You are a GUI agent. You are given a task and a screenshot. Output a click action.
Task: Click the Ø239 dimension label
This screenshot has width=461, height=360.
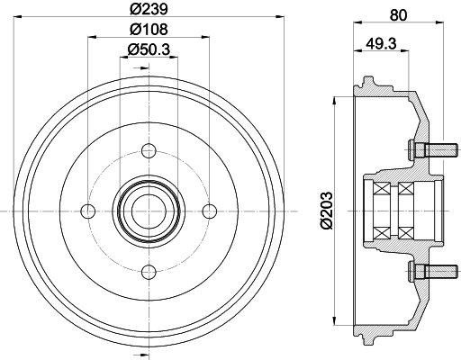click(x=149, y=9)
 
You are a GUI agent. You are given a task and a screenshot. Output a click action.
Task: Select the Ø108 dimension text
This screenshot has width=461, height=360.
click(x=149, y=29)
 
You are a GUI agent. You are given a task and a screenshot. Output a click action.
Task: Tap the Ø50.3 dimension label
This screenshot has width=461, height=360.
click(x=149, y=49)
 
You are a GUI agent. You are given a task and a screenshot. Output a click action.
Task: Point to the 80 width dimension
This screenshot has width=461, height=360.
click(x=398, y=15)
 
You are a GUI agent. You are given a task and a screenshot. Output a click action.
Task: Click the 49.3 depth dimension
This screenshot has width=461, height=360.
click(x=381, y=43)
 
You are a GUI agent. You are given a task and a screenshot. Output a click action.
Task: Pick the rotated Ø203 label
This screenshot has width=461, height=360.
click(x=326, y=211)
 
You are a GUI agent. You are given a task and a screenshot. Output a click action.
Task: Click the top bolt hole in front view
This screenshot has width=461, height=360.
click(x=149, y=151)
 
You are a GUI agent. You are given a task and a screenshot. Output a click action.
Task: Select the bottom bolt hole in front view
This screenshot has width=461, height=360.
click(x=149, y=273)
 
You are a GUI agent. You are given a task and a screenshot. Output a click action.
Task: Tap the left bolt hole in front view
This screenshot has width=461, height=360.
click(x=88, y=211)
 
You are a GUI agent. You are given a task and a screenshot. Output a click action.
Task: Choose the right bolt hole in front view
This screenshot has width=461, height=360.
click(x=210, y=211)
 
